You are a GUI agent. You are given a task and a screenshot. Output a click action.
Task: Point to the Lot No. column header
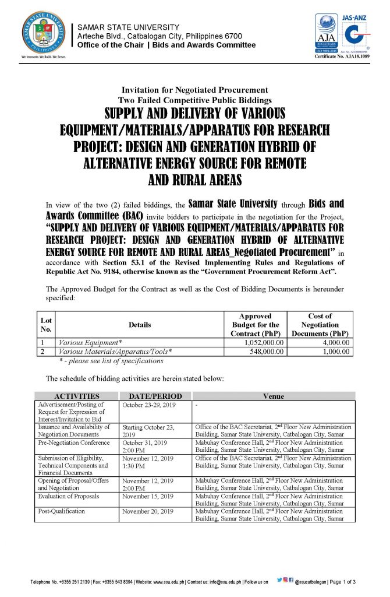(45, 325)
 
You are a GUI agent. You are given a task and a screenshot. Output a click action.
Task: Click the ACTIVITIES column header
(76, 396)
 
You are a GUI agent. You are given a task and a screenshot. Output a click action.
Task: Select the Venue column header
(273, 396)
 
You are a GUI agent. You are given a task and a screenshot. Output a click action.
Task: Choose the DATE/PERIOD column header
(155, 396)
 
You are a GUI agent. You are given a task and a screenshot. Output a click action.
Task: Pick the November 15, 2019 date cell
(148, 496)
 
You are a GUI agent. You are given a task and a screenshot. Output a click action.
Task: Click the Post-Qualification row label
(62, 511)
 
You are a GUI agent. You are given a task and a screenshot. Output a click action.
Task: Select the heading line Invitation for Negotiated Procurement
(194, 90)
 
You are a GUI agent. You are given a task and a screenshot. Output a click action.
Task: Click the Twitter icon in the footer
(279, 581)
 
